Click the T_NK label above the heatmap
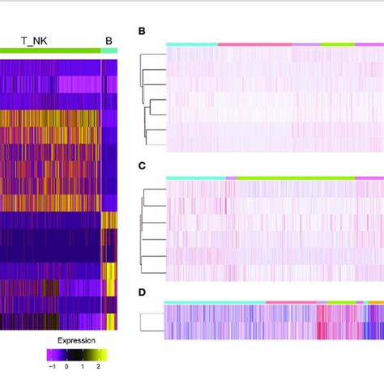coord(34,38)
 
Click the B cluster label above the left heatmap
coord(109,38)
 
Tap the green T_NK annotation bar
coord(49,50)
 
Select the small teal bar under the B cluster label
coord(109,50)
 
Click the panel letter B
coord(142,32)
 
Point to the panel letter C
coord(142,165)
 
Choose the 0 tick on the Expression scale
coord(69,366)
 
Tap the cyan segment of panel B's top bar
coord(191,44)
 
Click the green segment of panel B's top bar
coord(337,44)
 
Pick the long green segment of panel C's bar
coord(296,177)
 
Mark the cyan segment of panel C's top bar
coord(195,177)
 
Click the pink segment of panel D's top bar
coord(291,301)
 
